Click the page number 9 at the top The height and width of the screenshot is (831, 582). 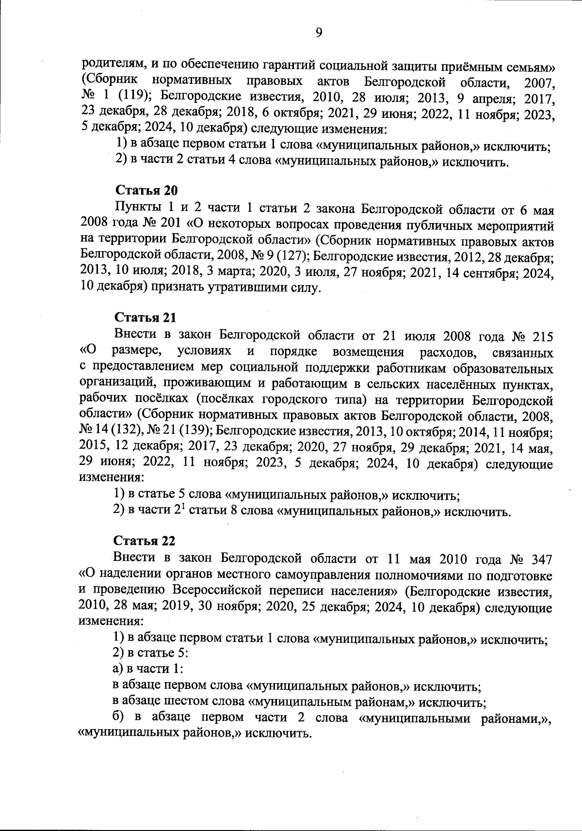coord(319,32)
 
